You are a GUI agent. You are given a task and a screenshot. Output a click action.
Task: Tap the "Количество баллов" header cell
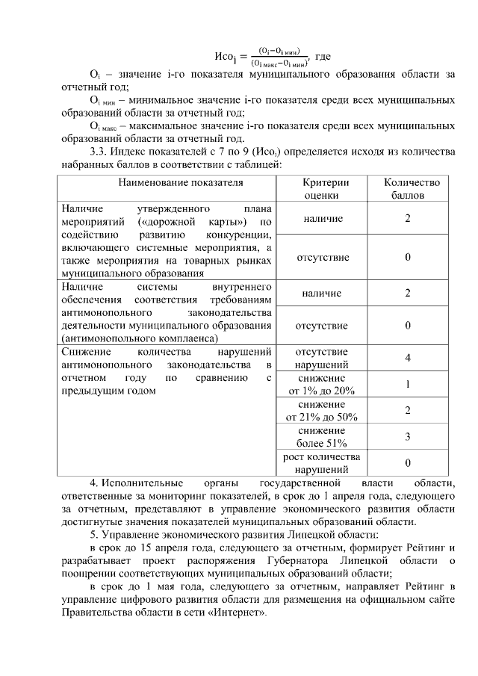pos(408,189)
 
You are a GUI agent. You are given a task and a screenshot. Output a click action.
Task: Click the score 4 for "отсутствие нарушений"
pos(408,359)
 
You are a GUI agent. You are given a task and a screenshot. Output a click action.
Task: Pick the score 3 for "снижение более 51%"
pos(408,437)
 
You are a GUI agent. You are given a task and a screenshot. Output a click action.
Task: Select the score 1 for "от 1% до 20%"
pos(408,385)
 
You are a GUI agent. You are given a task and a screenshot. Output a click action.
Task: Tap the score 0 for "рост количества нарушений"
pos(408,463)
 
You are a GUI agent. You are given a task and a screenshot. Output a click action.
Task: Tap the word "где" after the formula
pos(323,56)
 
